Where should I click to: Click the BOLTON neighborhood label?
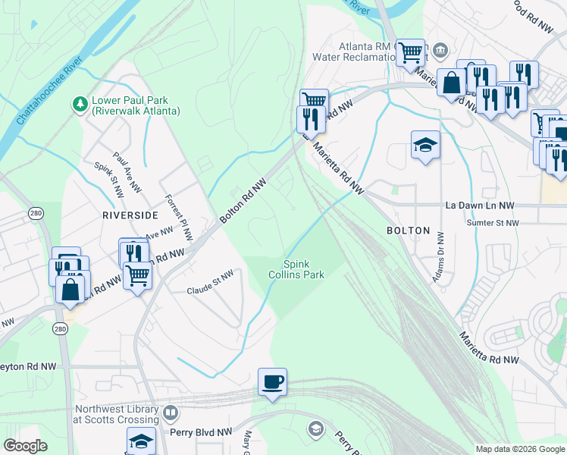[x=408, y=231]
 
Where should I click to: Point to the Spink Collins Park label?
[x=296, y=269]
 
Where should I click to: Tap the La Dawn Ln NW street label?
[x=479, y=206]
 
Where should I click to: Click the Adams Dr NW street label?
[x=437, y=258]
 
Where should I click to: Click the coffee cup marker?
[x=272, y=381]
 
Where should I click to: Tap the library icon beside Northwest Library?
[x=171, y=414]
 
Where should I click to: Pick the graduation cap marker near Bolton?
[x=425, y=146]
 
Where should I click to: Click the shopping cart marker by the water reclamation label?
[x=410, y=53]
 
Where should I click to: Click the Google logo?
[x=26, y=446]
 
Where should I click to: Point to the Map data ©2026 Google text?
[x=519, y=449]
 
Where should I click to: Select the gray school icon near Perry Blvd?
[x=315, y=430]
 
